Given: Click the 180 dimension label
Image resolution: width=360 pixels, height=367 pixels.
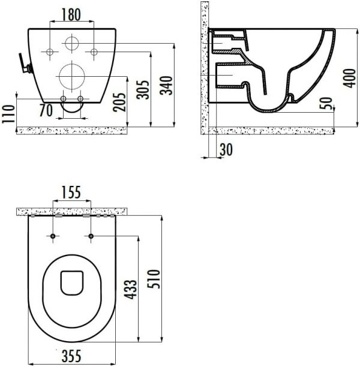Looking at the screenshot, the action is pos(71,14).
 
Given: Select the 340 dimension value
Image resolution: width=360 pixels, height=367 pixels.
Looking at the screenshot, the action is pos(166,85).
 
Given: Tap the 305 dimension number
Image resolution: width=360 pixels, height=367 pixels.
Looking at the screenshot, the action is pos(143,90).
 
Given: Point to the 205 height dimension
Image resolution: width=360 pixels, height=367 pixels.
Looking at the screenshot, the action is pos(119,103).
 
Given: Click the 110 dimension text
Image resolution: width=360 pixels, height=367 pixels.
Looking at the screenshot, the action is pos(8,114).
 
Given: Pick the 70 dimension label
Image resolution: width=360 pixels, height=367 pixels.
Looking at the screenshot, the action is pos(46,110).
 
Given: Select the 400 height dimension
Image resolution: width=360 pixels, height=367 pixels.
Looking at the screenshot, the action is pos(350,79).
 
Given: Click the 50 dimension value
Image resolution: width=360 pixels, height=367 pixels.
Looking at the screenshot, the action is pos(326,103).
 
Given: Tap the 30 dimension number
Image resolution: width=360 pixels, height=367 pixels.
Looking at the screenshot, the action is pos(226,149).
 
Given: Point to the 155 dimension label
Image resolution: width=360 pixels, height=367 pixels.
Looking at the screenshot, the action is pos(71,192).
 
